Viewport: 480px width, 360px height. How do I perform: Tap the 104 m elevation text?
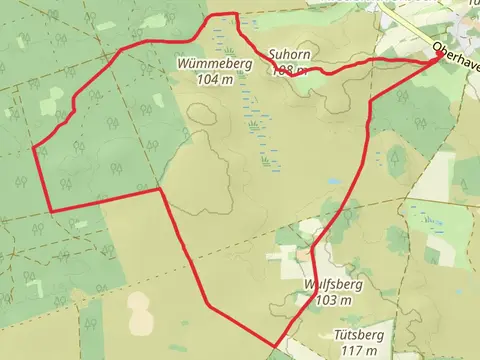tap(209, 78)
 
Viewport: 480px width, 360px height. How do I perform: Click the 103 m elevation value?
tap(334, 299)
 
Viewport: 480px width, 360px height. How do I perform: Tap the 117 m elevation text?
tap(358, 350)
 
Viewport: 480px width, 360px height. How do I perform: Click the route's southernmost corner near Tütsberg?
tap(273, 348)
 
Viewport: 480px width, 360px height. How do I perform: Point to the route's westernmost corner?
tap(35, 149)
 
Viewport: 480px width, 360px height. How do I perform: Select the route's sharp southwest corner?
tap(50, 211)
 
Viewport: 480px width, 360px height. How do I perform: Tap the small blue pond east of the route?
tap(331, 182)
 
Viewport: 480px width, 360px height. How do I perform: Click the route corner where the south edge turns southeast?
tap(161, 190)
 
